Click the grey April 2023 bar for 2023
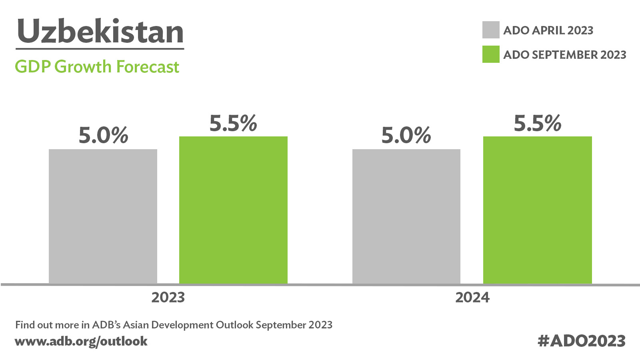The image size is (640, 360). (103, 216)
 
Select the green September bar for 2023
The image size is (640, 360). (234, 210)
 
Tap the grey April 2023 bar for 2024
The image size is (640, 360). (406, 216)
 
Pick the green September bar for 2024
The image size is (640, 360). (538, 210)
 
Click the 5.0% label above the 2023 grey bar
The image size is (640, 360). (104, 135)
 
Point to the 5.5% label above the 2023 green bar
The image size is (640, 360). (234, 123)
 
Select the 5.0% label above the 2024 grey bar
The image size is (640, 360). (406, 135)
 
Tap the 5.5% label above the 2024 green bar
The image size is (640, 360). (538, 123)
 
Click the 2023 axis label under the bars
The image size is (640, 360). (168, 298)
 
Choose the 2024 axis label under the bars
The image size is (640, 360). (472, 298)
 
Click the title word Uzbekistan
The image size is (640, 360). (100, 31)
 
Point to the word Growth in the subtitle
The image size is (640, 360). (83, 67)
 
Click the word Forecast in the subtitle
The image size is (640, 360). (148, 67)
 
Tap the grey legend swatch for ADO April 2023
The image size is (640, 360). (491, 30)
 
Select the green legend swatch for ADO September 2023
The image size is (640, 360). (491, 54)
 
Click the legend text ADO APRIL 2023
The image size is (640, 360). (548, 30)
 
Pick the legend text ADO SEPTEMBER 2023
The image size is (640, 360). (565, 54)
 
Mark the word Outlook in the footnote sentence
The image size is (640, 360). (234, 325)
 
